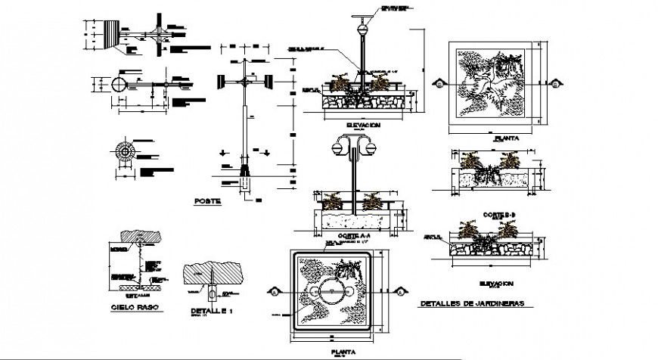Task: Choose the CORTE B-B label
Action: point(495,214)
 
